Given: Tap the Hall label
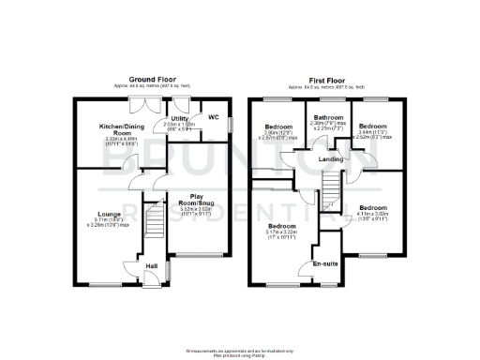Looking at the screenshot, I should pos(151,265).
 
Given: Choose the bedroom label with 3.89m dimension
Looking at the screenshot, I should pos(279,127).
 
